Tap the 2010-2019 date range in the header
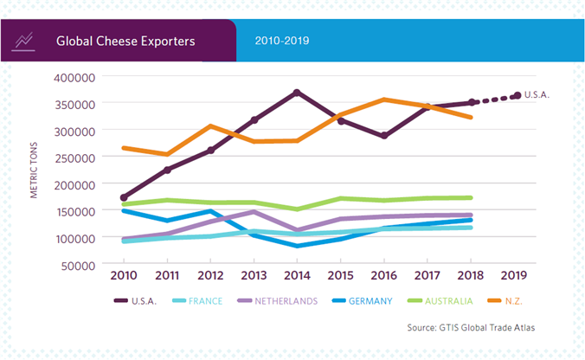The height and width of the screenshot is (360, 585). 282,41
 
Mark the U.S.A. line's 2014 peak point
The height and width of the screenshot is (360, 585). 297,92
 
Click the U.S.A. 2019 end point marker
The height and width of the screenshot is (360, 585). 517,95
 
